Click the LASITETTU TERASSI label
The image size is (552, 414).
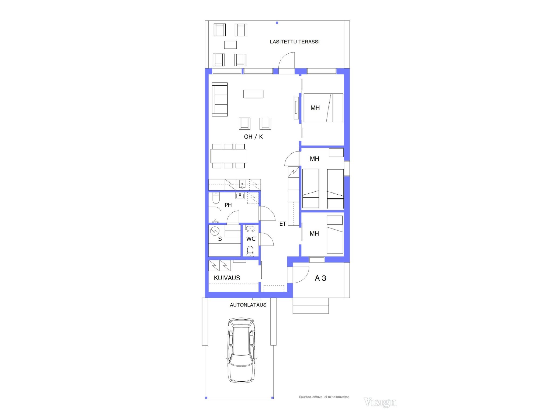pyautogui.click(x=295, y=42)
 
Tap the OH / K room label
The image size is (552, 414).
pyautogui.click(x=253, y=137)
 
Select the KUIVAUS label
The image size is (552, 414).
pyautogui.click(x=227, y=278)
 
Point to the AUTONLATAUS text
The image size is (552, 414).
pyautogui.click(x=248, y=305)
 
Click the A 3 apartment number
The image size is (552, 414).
pyautogui.click(x=320, y=278)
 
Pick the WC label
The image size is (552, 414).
pyautogui.click(x=251, y=239)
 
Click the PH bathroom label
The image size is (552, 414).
pyautogui.click(x=228, y=205)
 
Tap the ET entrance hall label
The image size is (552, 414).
pyautogui.click(x=282, y=224)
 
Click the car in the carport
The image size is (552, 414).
pyautogui.click(x=241, y=350)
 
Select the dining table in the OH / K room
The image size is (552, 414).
pyautogui.click(x=228, y=156)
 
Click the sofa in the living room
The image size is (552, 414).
pyautogui.click(x=220, y=99)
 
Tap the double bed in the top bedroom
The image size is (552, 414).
pyautogui.click(x=323, y=108)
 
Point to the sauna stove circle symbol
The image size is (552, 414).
pyautogui.click(x=215, y=231)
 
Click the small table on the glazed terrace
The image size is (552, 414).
pyautogui.click(x=230, y=45)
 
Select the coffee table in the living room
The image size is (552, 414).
pyautogui.click(x=253, y=94)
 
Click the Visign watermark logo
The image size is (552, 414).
pyautogui.click(x=380, y=402)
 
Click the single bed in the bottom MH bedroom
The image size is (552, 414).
pyautogui.click(x=335, y=234)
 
